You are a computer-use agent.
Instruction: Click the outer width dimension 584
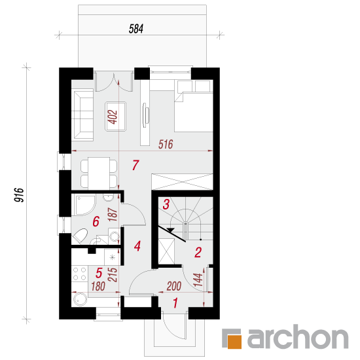(136, 29)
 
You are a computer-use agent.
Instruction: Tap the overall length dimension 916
(19, 195)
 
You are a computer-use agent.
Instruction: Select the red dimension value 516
(166, 145)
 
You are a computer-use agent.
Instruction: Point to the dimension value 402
(113, 117)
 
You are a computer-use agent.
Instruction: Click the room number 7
(135, 165)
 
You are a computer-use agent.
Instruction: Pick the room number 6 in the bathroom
(96, 221)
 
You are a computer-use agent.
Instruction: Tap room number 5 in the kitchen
(99, 273)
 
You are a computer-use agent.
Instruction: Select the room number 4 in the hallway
(137, 246)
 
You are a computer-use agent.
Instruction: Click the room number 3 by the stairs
(166, 204)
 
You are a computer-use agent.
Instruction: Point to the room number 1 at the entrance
(175, 303)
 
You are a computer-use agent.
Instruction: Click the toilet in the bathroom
(80, 236)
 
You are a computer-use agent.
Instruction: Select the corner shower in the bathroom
(84, 205)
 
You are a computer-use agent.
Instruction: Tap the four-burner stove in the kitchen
(79, 274)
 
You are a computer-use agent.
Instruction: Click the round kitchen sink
(81, 299)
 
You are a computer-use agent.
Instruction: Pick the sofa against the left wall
(82, 115)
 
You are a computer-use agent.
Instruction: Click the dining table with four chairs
(99, 173)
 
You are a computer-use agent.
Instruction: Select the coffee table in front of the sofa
(115, 117)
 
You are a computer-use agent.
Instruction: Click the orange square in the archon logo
(234, 342)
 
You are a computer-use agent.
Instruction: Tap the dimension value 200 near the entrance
(174, 286)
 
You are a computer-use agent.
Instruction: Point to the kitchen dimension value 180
(98, 286)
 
